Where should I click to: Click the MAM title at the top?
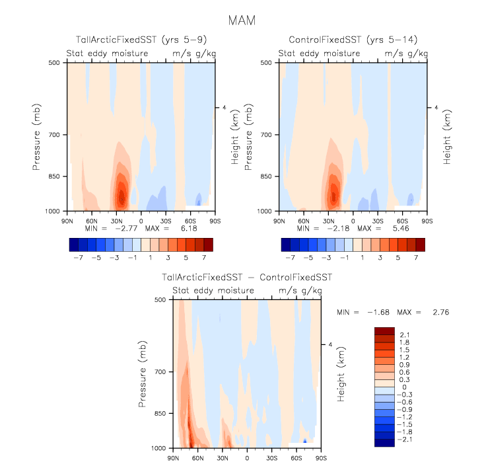(x=242, y=20)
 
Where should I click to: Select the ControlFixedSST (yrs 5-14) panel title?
(x=347, y=40)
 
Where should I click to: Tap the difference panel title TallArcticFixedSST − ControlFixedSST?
(x=247, y=277)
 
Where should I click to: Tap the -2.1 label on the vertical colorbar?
(x=403, y=439)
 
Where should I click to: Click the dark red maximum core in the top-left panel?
(x=121, y=196)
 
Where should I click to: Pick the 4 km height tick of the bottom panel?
(x=331, y=344)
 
